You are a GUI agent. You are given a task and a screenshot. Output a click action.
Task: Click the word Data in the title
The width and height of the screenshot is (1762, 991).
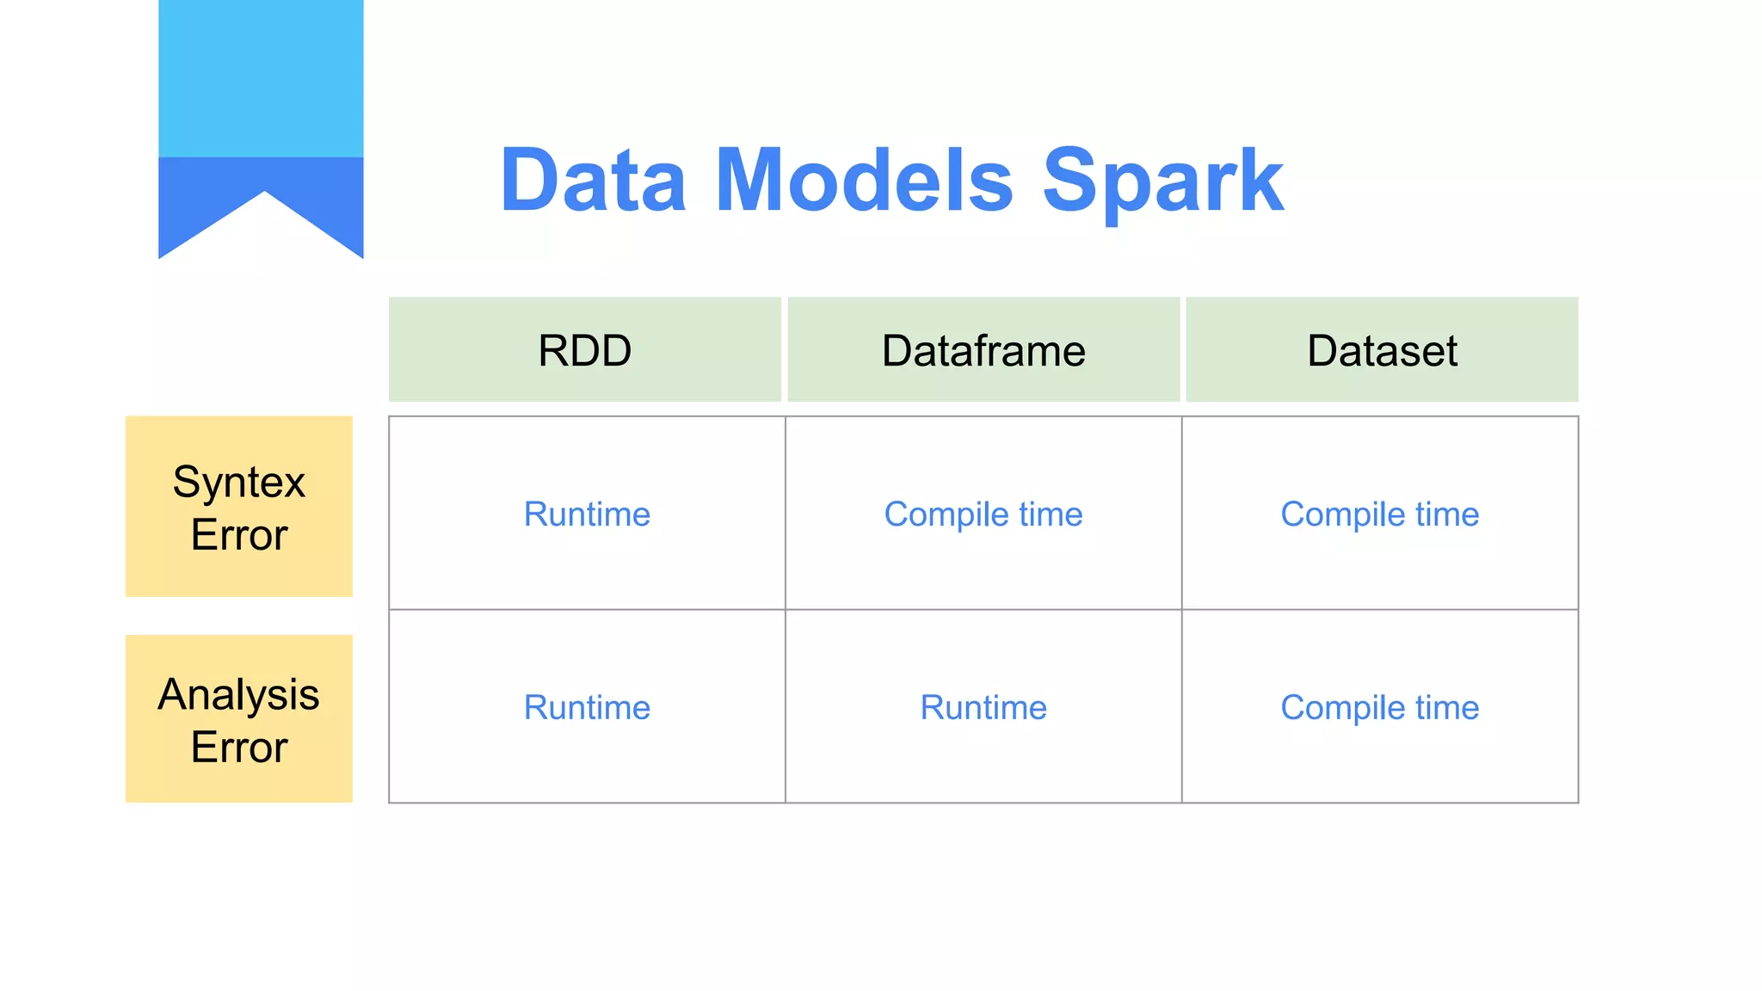click(x=593, y=181)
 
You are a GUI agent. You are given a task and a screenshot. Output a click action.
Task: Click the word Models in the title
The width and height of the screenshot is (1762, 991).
click(x=864, y=181)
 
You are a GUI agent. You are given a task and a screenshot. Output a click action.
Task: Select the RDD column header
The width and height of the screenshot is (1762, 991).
click(x=585, y=350)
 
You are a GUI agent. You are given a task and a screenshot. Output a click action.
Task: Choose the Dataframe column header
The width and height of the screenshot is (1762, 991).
click(x=983, y=350)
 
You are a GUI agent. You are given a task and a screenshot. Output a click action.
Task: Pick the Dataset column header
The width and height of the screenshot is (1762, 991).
click(x=1382, y=350)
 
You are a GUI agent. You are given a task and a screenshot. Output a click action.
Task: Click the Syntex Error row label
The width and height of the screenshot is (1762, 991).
click(x=239, y=507)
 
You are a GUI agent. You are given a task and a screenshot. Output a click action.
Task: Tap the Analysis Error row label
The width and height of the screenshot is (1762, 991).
click(x=239, y=719)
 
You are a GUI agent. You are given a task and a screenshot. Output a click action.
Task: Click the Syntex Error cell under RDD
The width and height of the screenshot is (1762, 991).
click(x=587, y=514)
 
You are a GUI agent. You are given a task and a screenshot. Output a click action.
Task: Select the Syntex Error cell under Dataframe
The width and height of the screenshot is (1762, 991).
click(x=983, y=514)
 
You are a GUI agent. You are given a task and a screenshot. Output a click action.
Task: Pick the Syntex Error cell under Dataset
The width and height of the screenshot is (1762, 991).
click(x=1380, y=514)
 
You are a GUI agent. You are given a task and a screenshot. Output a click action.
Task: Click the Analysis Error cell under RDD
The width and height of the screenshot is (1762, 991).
click(x=587, y=707)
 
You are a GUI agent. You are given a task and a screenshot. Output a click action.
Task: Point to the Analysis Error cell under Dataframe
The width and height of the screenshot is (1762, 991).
click(x=983, y=707)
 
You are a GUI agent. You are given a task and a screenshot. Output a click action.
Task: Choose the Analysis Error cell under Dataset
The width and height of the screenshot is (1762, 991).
click(x=1380, y=707)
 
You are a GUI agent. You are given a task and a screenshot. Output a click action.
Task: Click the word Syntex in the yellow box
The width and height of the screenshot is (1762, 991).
click(x=239, y=482)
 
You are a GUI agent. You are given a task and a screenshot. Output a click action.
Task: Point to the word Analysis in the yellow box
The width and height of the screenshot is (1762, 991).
click(x=239, y=694)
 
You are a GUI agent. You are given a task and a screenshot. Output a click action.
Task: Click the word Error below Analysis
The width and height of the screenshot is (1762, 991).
click(x=239, y=747)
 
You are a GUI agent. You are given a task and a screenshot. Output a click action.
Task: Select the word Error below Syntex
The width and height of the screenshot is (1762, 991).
click(x=239, y=535)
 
